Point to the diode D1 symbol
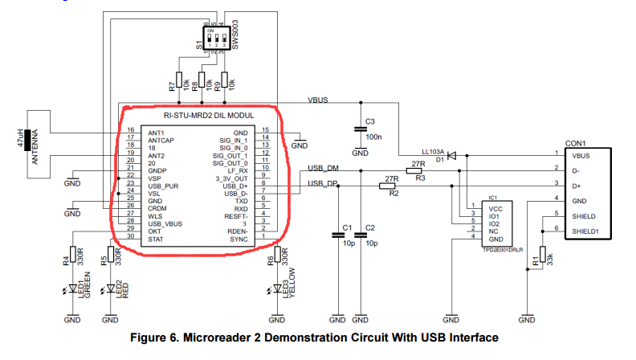450,155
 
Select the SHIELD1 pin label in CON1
585,231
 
